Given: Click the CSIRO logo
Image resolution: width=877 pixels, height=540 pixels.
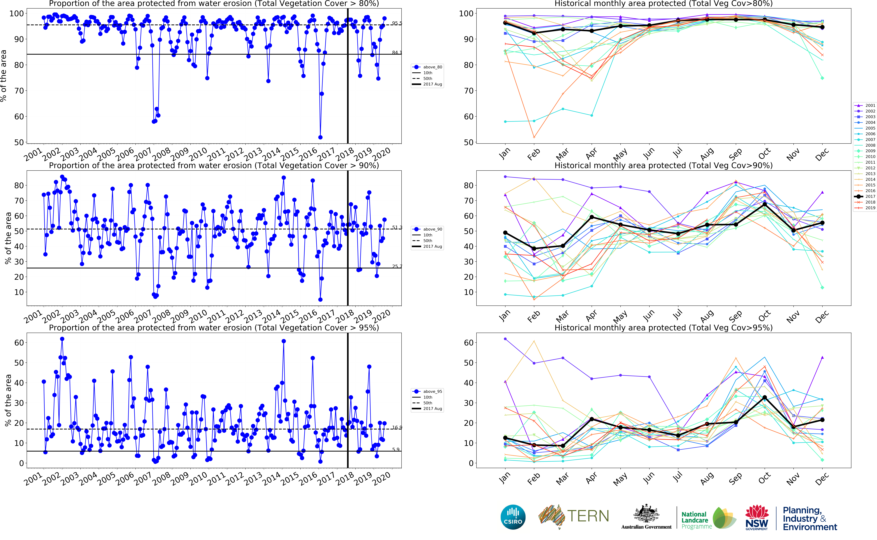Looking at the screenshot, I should pyautogui.click(x=513, y=517).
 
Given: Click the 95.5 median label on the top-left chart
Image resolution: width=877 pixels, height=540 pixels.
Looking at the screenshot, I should pyautogui.click(x=397, y=23).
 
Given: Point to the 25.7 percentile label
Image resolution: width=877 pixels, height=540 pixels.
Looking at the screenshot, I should pyautogui.click(x=397, y=266).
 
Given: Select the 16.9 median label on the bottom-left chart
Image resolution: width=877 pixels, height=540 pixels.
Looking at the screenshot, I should pyautogui.click(x=397, y=427).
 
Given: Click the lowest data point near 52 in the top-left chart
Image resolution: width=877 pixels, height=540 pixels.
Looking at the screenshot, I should pyautogui.click(x=320, y=137).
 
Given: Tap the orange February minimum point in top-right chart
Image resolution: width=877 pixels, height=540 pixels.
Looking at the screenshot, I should pyautogui.click(x=534, y=137).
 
